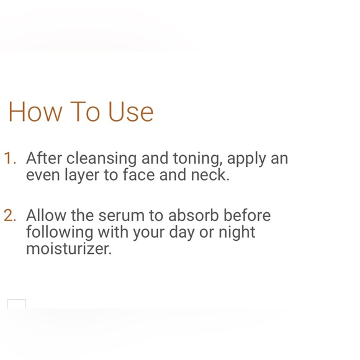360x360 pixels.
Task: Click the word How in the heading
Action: (35, 112)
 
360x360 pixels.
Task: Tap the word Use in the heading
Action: (130, 112)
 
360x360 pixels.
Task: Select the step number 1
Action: (9, 158)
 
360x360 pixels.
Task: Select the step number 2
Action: (9, 215)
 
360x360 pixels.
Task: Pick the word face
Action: (138, 175)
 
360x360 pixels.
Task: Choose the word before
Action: (247, 215)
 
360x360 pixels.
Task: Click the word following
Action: (59, 233)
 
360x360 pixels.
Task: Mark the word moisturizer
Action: (68, 249)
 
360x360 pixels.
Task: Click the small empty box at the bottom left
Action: (17, 304)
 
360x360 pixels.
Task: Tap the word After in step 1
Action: (44, 158)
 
